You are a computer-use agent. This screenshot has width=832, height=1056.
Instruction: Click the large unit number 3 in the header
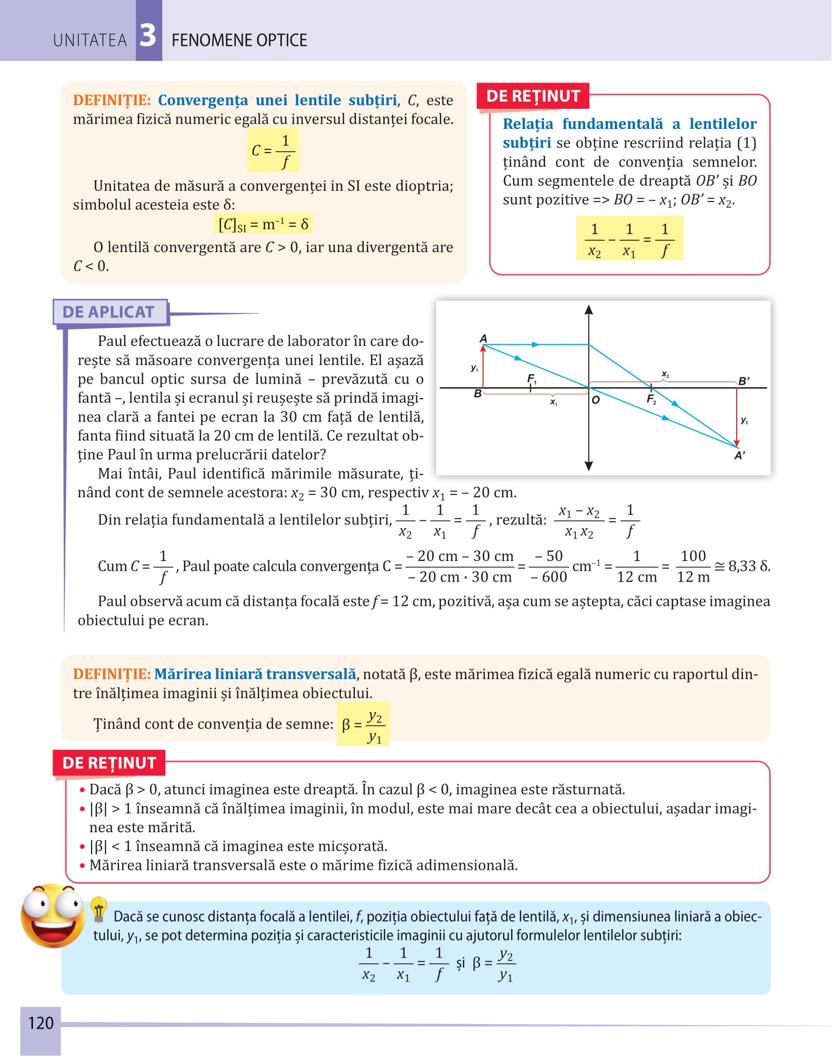coord(148,36)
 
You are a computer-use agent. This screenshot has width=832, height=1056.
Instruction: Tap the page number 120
coord(41,1022)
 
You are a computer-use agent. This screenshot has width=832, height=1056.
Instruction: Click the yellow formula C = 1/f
coord(273,150)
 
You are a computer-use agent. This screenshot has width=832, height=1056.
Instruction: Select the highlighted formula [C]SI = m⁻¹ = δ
coord(263,224)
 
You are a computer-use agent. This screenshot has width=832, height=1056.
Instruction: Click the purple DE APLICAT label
coord(109,312)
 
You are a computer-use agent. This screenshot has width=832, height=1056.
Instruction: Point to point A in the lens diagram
coord(483,339)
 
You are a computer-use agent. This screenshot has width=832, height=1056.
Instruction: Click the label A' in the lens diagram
coord(740,455)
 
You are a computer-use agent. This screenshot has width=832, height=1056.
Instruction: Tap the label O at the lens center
coord(596,400)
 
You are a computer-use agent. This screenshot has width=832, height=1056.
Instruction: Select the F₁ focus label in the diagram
coord(532,379)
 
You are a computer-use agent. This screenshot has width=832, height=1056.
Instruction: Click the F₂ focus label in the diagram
coord(651,399)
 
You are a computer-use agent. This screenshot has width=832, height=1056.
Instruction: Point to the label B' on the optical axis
coord(744,381)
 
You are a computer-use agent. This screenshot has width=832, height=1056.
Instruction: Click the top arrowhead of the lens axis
coord(589,310)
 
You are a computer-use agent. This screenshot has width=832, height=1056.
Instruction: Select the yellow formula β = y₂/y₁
coord(363,724)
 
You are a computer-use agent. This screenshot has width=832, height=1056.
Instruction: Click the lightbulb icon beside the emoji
coord(98,910)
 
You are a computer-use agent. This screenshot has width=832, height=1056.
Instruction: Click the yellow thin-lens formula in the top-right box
coord(630,239)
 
